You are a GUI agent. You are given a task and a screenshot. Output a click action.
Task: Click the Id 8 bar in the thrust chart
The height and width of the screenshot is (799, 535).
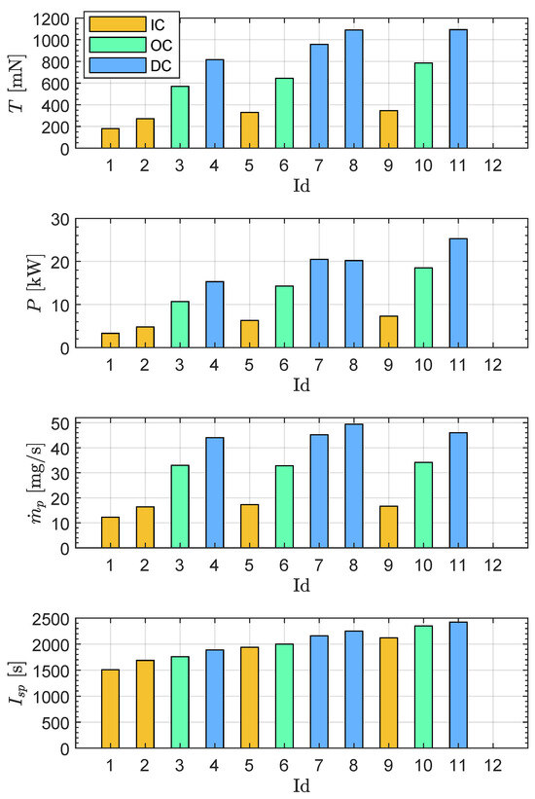click(354, 90)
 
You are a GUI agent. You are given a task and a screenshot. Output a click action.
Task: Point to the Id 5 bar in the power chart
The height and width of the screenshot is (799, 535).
click(250, 333)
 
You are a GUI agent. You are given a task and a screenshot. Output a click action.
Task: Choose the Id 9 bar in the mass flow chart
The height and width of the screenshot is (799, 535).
click(389, 527)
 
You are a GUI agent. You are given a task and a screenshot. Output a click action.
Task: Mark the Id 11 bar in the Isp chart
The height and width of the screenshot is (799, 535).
click(459, 685)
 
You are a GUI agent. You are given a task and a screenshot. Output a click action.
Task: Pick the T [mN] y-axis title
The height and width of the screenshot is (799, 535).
click(17, 84)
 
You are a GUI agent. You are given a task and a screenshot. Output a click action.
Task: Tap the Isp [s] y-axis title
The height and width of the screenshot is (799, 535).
click(17, 683)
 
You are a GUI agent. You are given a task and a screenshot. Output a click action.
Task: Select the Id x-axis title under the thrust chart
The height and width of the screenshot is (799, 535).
click(302, 181)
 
